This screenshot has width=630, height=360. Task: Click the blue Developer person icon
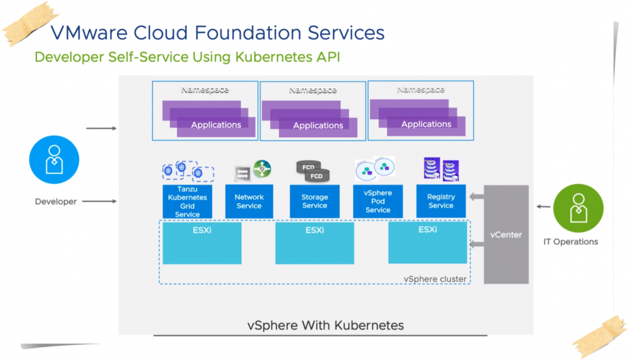(54, 159)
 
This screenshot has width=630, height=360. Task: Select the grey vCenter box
(506, 234)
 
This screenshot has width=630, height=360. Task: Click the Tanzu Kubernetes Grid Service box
(187, 201)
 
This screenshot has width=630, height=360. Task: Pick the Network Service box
(249, 201)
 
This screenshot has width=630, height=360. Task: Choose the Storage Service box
(314, 201)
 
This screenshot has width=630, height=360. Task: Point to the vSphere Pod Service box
(378, 201)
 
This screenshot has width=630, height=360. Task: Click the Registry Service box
(441, 201)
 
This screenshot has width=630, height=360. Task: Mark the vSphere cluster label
(435, 279)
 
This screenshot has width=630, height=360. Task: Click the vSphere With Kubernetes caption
(325, 325)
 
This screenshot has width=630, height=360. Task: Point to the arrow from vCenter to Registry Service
(476, 197)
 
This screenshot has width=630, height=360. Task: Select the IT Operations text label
(570, 242)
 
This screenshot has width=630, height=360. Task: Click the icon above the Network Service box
(252, 170)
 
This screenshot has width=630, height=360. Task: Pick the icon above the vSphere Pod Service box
(375, 169)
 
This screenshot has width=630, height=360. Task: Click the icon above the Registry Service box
(441, 169)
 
